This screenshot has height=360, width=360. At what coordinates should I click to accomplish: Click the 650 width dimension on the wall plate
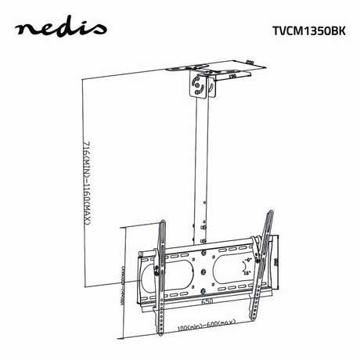point(206,301)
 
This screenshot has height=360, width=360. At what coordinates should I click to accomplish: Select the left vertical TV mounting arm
point(160,274)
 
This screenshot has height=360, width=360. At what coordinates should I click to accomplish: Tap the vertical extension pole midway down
point(201,172)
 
